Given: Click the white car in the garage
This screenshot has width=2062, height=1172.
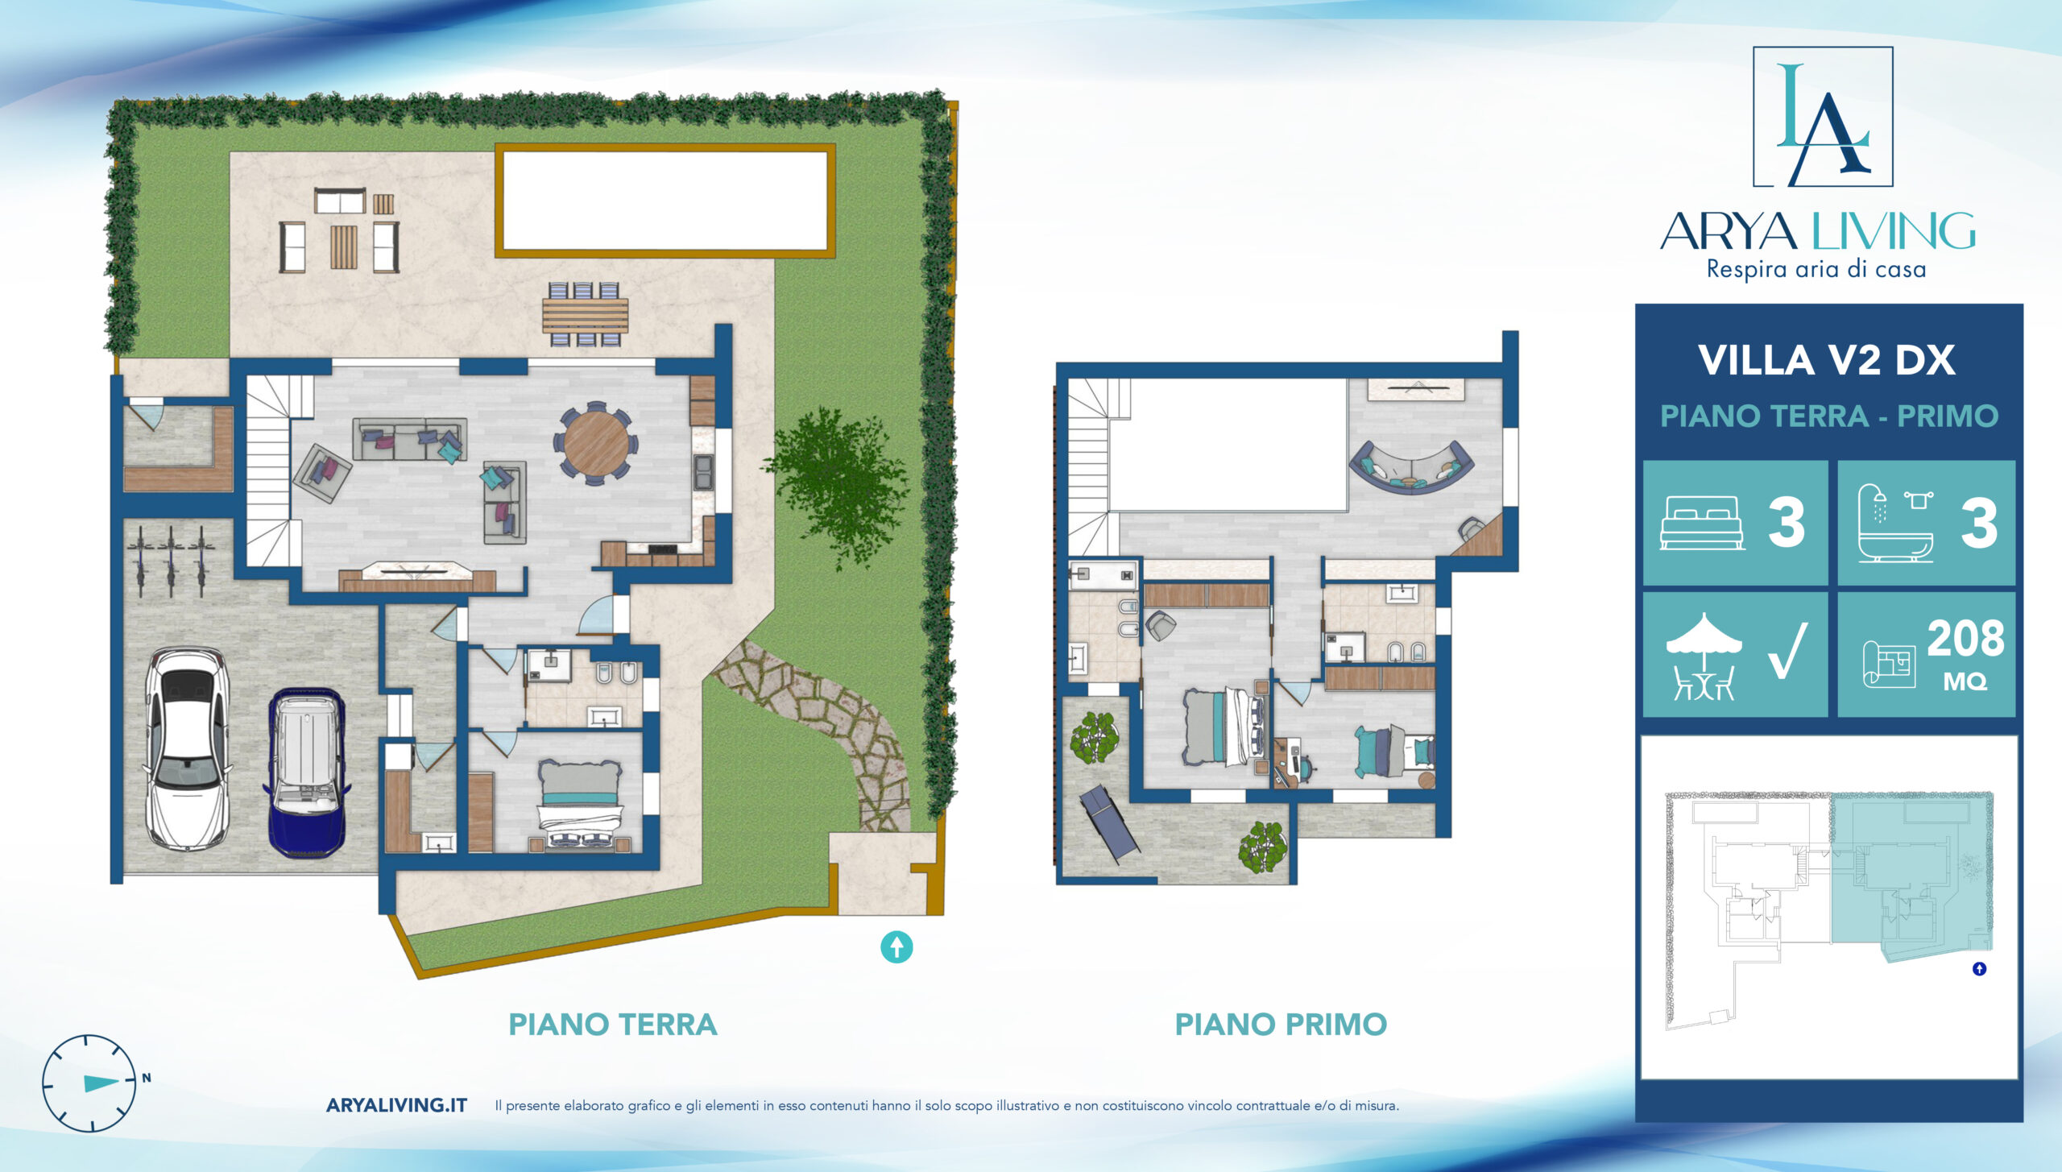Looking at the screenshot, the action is (x=187, y=748).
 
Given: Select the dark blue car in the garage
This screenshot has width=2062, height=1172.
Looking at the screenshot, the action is (x=306, y=772).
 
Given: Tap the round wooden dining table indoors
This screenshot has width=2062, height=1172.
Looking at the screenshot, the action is (x=596, y=444).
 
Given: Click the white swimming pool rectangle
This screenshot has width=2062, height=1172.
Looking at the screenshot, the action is (x=665, y=201).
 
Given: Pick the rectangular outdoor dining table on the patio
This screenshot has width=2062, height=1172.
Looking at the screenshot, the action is (x=586, y=315).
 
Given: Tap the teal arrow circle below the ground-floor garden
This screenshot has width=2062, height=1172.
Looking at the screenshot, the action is (x=896, y=947).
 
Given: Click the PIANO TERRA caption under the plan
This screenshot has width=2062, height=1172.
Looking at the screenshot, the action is (x=613, y=1025).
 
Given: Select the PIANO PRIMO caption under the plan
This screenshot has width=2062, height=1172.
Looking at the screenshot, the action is (x=1281, y=1025).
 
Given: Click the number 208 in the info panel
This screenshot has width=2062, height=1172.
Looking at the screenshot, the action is (x=1965, y=639).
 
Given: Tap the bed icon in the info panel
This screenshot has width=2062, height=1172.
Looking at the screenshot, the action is (x=1702, y=523).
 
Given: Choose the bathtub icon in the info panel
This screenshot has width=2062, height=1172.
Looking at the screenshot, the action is (x=1895, y=523).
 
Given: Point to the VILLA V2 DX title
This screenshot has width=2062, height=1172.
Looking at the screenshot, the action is (x=1827, y=360).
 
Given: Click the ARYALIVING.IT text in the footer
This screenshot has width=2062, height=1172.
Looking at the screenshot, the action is (x=396, y=1105).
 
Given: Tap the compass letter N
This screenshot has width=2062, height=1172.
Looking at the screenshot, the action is (x=147, y=1078).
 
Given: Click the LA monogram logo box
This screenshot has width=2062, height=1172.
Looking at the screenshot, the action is (x=1823, y=117).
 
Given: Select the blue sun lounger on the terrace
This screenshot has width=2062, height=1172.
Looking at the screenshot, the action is (x=1108, y=822).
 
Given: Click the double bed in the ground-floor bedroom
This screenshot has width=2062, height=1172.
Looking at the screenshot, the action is (x=580, y=805).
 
